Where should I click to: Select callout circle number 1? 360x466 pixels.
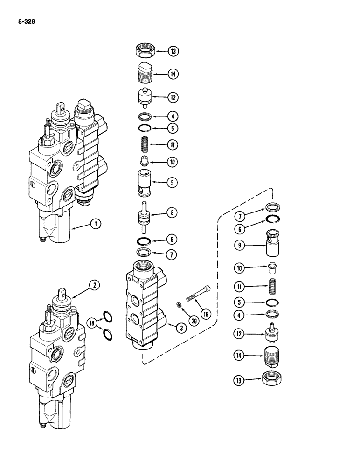pyautogui.click(x=96, y=225)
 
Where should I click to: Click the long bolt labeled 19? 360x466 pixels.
pyautogui.click(x=198, y=294)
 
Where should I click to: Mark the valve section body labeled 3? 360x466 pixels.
pyautogui.click(x=146, y=308)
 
